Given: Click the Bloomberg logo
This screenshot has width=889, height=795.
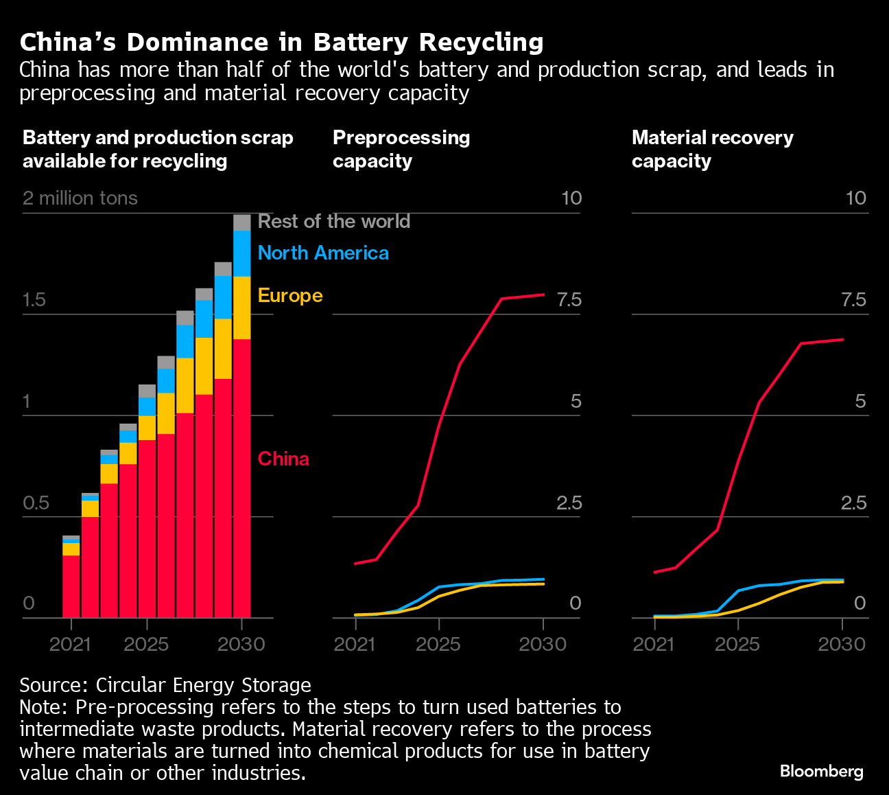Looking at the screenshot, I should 821,771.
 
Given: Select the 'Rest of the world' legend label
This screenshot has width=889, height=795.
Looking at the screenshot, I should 333,221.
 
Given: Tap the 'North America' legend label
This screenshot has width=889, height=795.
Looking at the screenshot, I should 323,253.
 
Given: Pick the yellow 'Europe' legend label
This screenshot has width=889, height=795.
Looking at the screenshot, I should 289,295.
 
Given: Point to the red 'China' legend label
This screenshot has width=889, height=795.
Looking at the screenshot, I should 283,459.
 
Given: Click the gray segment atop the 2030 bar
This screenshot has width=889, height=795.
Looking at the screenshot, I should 241,222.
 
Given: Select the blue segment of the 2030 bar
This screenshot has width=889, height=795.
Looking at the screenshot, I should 241,253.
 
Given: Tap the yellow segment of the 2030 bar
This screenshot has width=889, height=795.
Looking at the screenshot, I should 241,308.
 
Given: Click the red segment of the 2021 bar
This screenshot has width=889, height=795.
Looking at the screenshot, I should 71,586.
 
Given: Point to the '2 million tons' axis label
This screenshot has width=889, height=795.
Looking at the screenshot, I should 80,198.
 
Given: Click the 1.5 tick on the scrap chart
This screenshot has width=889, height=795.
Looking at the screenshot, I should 34,300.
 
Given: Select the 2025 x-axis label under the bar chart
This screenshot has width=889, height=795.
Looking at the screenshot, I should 146,644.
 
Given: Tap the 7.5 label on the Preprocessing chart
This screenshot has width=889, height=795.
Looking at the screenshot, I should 569,300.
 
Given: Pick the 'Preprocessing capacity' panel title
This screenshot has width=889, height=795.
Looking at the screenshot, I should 401,149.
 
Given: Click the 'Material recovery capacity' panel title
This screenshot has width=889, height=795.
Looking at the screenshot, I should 712,149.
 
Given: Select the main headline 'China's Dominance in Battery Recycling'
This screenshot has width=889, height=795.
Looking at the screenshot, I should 281,43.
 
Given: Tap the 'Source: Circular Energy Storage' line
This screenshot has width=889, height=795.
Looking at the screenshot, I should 165,685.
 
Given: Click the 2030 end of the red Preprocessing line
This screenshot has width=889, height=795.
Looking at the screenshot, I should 543,295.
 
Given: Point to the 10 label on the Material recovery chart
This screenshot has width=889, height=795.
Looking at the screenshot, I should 855,198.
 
